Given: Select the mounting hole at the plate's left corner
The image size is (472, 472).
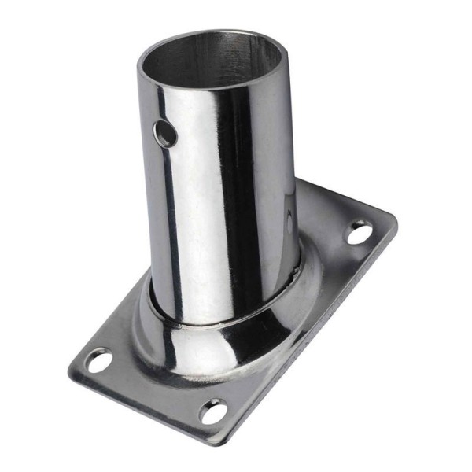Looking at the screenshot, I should tap(98, 360).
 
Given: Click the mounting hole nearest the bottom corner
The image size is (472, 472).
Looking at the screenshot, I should tap(212, 411).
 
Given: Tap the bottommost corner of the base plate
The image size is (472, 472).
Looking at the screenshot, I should tap(224, 437).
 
